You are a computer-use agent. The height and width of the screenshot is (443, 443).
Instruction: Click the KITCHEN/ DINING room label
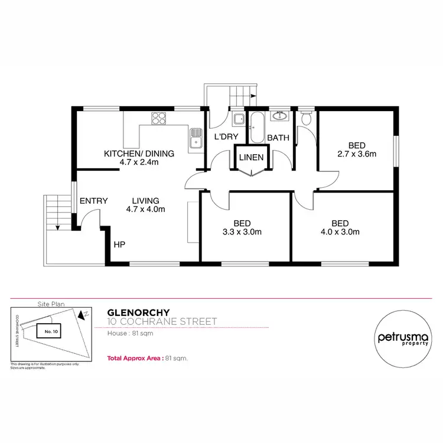(x=139, y=154)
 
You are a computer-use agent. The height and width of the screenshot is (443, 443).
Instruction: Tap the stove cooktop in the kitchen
(x=159, y=119)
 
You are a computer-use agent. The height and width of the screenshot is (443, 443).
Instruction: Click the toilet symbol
(x=305, y=119)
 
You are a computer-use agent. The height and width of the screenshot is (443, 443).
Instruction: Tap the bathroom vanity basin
(x=279, y=116)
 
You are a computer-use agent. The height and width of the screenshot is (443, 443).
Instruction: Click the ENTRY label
(x=93, y=201)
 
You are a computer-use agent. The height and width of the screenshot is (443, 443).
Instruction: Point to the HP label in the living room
(x=119, y=244)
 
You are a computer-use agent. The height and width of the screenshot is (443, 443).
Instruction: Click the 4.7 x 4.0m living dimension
(x=145, y=209)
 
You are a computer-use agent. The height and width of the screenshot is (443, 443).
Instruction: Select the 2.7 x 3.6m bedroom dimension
(x=356, y=154)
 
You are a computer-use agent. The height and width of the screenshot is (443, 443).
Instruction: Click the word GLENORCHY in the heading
(x=139, y=312)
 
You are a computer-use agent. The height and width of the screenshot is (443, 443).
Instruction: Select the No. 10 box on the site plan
(x=51, y=332)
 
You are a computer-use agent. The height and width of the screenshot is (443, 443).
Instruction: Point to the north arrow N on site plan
(x=86, y=314)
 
